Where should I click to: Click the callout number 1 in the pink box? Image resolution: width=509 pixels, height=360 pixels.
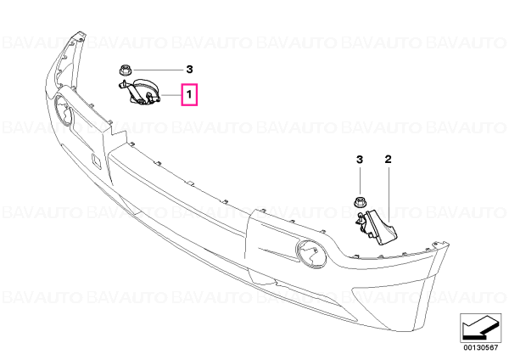click(189, 94)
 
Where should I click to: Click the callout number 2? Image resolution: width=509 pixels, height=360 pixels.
click(388, 160)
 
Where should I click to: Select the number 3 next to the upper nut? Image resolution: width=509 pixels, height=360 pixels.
click(189, 70)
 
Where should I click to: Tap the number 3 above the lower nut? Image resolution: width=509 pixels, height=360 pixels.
click(360, 160)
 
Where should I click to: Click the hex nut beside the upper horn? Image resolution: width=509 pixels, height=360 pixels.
click(124, 70)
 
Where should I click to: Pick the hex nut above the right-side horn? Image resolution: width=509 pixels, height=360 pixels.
click(360, 202)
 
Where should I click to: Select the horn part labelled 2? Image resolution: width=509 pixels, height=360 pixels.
click(376, 226)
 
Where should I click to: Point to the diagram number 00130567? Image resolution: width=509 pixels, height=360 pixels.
click(480, 347)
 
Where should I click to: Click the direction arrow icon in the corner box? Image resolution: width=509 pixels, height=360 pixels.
click(480, 328)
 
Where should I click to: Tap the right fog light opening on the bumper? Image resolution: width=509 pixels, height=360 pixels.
click(310, 254)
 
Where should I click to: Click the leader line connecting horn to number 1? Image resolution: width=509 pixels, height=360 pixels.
click(171, 95)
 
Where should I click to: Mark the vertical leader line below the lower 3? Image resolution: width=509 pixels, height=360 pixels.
click(360, 181)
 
